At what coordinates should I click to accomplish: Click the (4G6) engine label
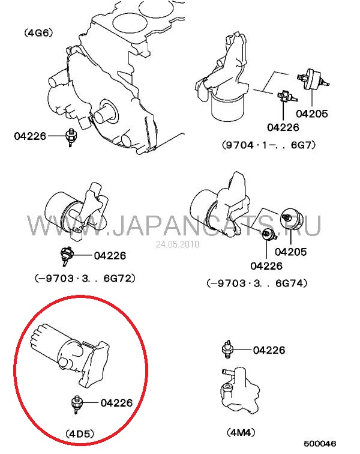click(x=38, y=32)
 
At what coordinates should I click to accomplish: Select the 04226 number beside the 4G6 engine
click(x=30, y=136)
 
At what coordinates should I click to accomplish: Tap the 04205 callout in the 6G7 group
click(x=312, y=114)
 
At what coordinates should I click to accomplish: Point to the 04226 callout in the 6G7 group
click(x=283, y=127)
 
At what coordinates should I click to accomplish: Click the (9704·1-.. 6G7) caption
click(x=269, y=145)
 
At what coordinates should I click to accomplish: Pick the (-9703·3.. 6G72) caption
click(x=85, y=278)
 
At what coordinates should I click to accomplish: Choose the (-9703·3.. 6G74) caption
click(x=257, y=283)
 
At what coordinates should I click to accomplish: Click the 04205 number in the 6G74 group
click(x=290, y=252)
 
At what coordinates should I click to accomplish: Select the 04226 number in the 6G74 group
click(x=266, y=266)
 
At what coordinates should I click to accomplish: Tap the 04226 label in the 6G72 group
click(x=110, y=255)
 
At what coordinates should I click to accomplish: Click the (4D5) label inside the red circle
click(x=80, y=434)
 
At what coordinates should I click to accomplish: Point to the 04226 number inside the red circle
click(x=116, y=402)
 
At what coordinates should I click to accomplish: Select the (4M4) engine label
click(x=241, y=432)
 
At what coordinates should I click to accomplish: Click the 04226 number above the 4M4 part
click(x=269, y=350)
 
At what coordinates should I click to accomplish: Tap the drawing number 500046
click(x=320, y=444)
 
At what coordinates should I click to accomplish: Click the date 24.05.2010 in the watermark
click(x=178, y=244)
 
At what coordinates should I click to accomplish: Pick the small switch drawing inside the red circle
click(x=77, y=404)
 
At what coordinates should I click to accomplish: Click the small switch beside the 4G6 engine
click(x=70, y=137)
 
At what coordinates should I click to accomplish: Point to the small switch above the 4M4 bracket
click(x=227, y=349)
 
